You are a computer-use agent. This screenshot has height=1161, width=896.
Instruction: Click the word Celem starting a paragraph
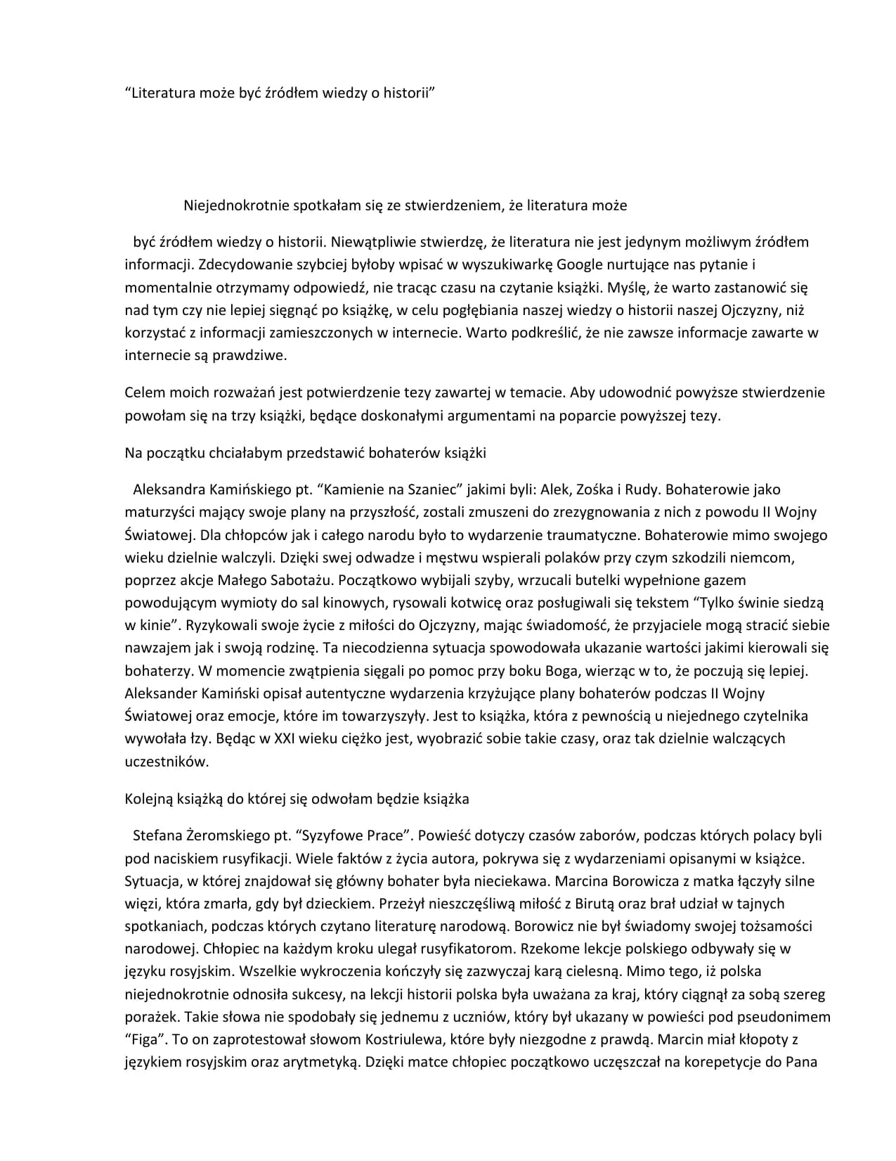(145, 392)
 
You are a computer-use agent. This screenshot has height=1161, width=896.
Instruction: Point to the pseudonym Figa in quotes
(148, 1039)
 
